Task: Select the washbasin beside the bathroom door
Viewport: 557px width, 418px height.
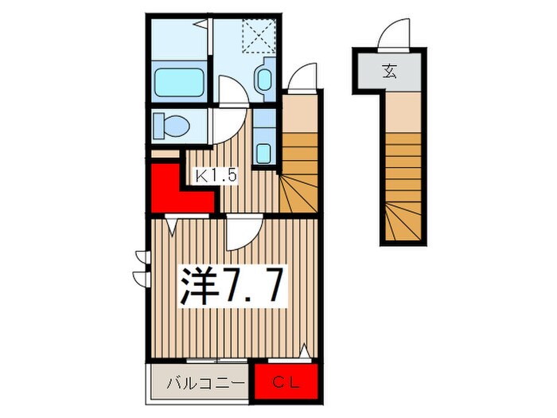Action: coord(265,80)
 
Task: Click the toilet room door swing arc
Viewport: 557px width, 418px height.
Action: coord(225,126)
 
